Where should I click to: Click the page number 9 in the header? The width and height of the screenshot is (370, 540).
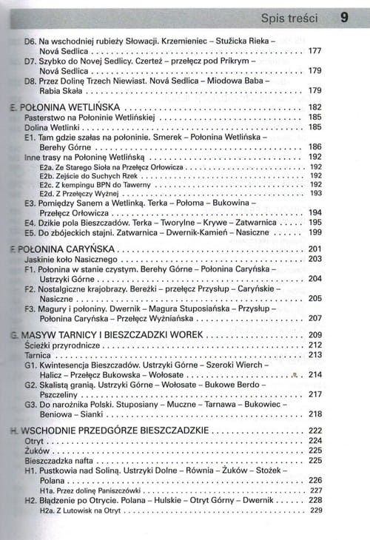[345, 16]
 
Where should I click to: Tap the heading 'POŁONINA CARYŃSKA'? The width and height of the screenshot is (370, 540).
[64, 249]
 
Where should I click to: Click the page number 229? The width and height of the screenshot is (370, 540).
[317, 510]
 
